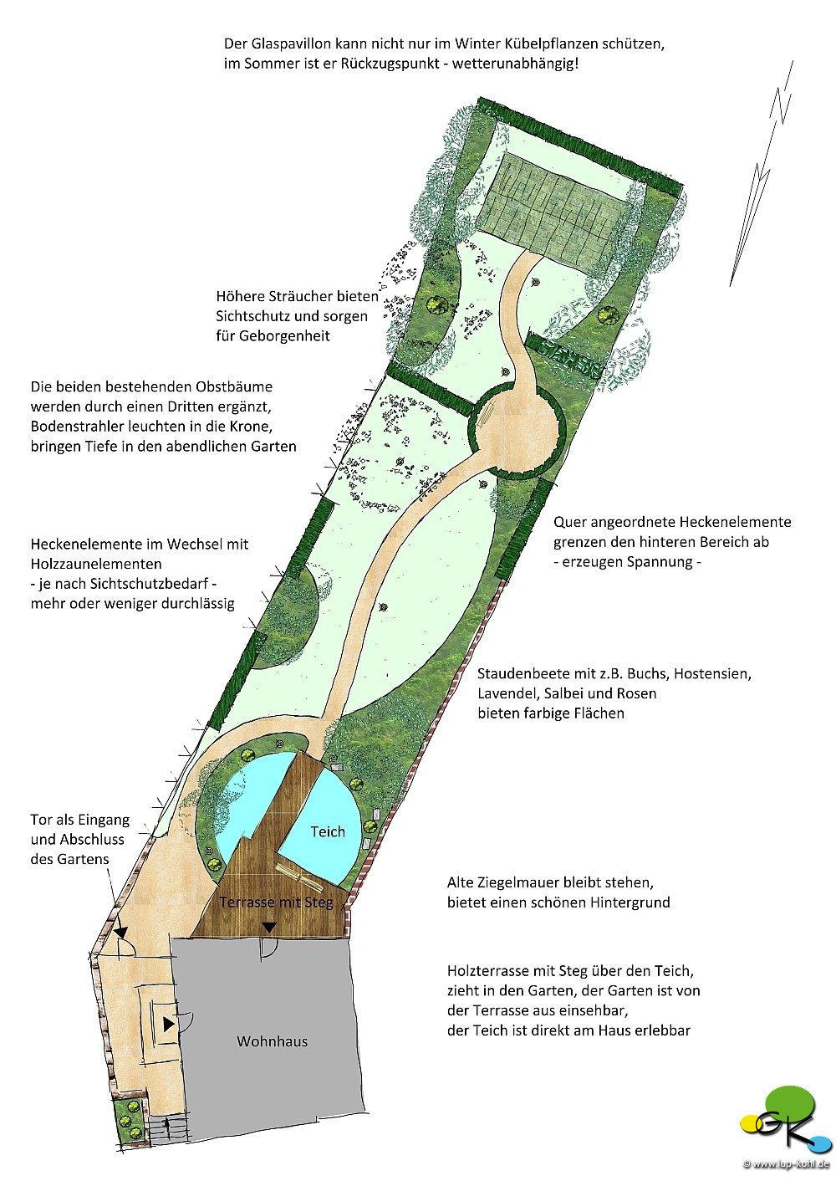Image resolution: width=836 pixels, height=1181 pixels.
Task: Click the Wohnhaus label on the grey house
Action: (272, 1041)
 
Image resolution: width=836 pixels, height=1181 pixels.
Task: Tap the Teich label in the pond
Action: (328, 831)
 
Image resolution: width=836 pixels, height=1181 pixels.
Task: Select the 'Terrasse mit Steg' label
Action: (276, 902)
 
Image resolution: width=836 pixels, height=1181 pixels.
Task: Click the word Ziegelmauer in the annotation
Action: (514, 882)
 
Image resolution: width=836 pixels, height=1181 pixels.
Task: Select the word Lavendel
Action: (503, 693)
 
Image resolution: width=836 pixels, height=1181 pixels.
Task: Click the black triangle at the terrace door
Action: (270, 927)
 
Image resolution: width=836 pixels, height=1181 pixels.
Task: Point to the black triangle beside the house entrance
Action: (169, 1025)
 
